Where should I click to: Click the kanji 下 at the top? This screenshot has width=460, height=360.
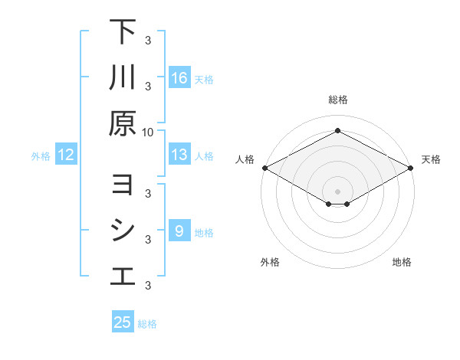point(123,32)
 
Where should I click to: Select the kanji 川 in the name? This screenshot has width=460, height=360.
point(123,77)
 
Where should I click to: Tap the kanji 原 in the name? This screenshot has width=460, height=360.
point(123,123)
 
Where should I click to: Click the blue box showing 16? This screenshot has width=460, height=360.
point(179,78)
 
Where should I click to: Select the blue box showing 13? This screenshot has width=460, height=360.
point(179,155)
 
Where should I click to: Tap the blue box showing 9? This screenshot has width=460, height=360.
point(179,231)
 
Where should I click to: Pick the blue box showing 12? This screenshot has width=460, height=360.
point(66,155)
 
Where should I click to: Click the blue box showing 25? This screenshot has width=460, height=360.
point(123,322)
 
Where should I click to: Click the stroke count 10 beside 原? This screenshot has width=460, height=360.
point(148,131)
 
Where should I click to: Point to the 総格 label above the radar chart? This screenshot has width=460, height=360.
point(337,100)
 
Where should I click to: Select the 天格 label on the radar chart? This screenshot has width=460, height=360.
point(431,159)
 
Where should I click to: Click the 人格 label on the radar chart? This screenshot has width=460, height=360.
point(245,159)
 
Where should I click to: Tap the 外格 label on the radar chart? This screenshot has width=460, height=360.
point(270,262)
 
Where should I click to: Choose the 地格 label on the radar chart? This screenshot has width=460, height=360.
point(402,262)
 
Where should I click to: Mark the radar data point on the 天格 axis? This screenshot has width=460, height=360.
point(412,168)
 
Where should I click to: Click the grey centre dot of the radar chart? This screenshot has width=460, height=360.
point(337,191)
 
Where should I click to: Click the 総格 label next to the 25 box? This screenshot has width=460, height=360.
point(147,323)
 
